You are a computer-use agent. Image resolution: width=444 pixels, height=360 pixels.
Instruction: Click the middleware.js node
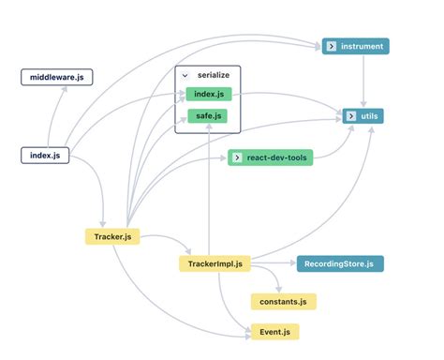point(57,77)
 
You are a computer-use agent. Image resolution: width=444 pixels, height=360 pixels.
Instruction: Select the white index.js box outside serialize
point(45,155)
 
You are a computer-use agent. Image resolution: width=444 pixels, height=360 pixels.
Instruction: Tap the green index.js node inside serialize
point(206,94)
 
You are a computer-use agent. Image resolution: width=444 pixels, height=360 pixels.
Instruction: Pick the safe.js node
point(206,116)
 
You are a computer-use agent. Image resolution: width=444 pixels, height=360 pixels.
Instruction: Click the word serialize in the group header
point(213,74)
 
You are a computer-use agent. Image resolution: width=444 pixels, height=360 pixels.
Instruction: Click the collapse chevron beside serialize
point(185,74)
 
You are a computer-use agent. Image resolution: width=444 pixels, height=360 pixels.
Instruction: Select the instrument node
point(353,46)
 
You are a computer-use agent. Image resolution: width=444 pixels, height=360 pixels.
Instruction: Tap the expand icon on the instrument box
point(331,46)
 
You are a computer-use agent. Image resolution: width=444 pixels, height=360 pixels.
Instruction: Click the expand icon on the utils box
point(349,116)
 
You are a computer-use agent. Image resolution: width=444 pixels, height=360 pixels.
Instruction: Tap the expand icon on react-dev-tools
point(236,157)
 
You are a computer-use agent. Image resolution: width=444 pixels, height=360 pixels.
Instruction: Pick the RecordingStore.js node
point(339,264)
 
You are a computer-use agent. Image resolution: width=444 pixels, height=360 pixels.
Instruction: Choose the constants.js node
point(283,302)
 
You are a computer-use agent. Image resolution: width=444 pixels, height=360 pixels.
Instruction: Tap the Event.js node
point(274,331)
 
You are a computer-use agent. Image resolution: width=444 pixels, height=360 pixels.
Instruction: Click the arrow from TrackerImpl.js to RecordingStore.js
point(272,264)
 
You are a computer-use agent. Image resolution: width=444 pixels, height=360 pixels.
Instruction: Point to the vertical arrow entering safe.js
point(206,187)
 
